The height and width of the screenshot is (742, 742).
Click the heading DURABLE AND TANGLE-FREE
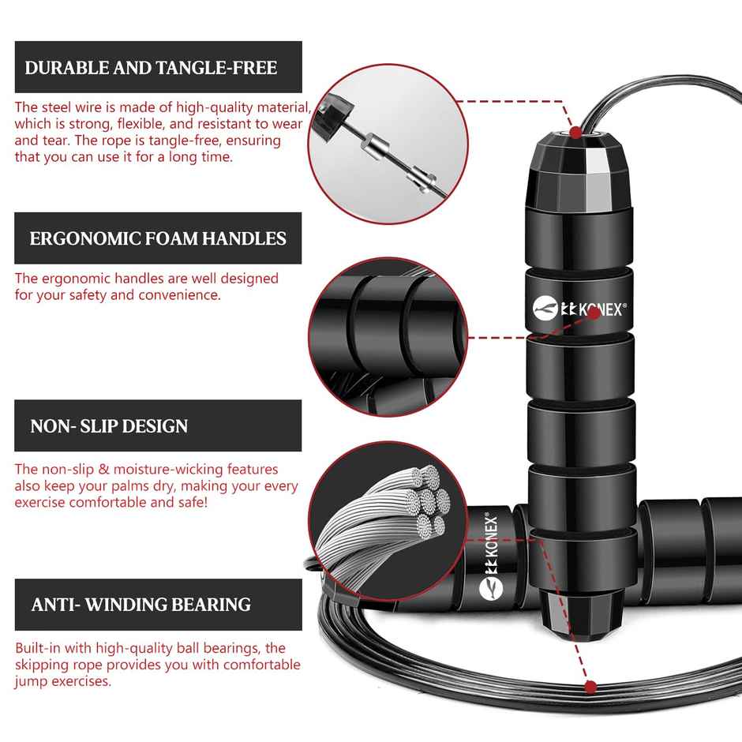click(151, 67)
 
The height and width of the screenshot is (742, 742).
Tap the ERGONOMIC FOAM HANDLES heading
click(158, 238)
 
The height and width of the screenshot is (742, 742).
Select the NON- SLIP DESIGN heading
click(109, 426)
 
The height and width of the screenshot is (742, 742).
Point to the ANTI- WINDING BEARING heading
click(141, 605)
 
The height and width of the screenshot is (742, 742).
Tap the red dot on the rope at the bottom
click(588, 685)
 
